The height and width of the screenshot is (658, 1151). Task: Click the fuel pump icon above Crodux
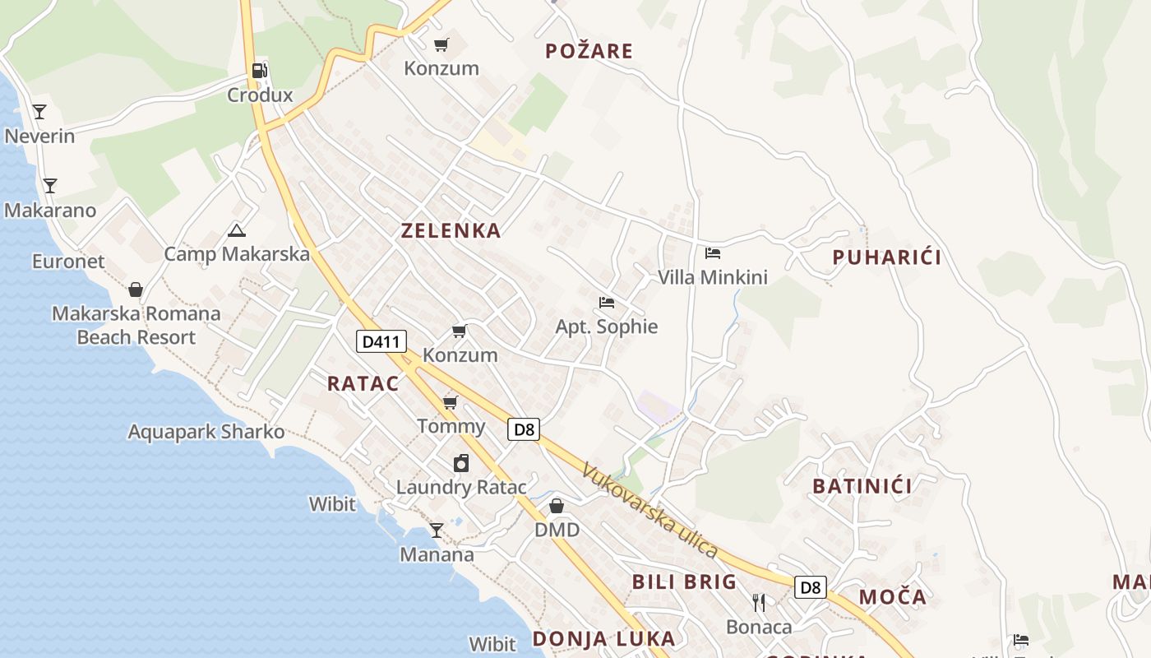[x=259, y=71]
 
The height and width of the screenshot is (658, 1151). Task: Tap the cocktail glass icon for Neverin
[x=39, y=112]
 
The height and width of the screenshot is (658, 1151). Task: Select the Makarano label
[x=50, y=211]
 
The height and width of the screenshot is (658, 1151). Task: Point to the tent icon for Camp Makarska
[x=237, y=231]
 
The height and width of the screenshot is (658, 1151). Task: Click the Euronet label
[x=68, y=262]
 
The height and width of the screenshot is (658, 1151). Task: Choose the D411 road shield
[x=381, y=341]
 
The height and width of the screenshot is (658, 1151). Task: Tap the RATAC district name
[x=363, y=383]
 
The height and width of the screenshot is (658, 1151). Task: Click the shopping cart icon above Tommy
[x=450, y=402]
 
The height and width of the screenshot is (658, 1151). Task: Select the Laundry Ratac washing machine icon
[x=461, y=464]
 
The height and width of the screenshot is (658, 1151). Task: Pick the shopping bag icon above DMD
[x=557, y=506]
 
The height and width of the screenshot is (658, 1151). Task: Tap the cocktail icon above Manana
[x=437, y=531]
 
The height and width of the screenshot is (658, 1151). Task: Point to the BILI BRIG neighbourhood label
[x=684, y=582]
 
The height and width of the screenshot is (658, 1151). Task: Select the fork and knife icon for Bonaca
[x=759, y=603]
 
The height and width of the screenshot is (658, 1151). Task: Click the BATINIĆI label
[x=862, y=486]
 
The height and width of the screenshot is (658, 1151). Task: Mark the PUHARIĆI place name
[x=886, y=257]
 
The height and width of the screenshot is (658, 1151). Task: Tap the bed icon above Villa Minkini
[x=713, y=253]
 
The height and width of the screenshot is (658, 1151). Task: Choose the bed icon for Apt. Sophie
[x=607, y=303]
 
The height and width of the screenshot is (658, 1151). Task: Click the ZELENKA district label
[x=451, y=231]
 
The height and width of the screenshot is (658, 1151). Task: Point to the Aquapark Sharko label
[x=206, y=432]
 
